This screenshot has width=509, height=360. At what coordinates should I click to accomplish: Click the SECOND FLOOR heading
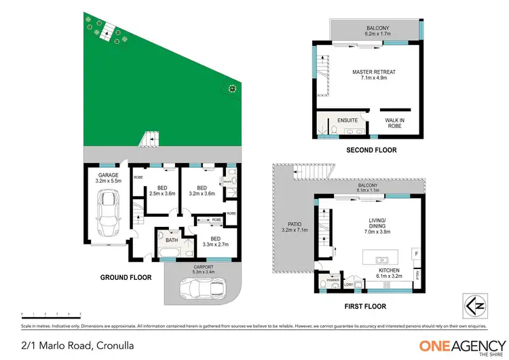pos(371,150)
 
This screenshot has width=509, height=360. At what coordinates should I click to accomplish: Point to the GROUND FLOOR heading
pos(126,277)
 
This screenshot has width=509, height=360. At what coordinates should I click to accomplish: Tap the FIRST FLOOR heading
pos(364,306)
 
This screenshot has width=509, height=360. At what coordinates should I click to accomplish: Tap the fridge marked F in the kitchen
pos(415,253)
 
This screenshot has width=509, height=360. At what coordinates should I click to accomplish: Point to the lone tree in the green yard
pos(233,88)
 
